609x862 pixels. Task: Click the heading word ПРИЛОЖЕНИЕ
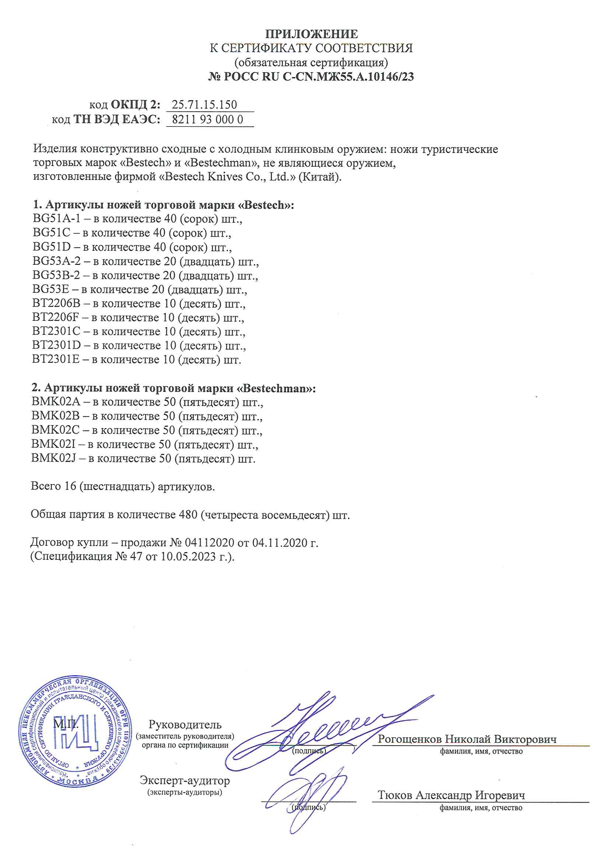pyautogui.click(x=311, y=34)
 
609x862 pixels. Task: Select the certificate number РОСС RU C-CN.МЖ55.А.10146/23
pyautogui.click(x=318, y=77)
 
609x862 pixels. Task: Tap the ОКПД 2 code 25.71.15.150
pyautogui.click(x=204, y=104)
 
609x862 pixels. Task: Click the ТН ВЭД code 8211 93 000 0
pyautogui.click(x=207, y=119)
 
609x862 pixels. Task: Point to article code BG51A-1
pyautogui.click(x=56, y=219)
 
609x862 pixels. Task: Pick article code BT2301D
pyautogui.click(x=57, y=345)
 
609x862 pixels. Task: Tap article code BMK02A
pyautogui.click(x=56, y=402)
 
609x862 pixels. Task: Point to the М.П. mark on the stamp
pyautogui.click(x=66, y=723)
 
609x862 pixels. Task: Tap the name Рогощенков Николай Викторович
pyautogui.click(x=467, y=739)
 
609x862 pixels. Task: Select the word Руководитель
pyautogui.click(x=185, y=724)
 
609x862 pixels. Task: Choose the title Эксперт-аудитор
pyautogui.click(x=185, y=780)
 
